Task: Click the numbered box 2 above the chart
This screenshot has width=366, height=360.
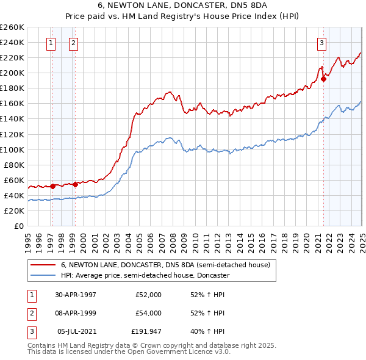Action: click(x=73, y=43)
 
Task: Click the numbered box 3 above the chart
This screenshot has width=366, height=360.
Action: click(x=321, y=43)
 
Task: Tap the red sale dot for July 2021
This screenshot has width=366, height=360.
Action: click(x=324, y=78)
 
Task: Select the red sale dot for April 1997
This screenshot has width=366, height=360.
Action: click(x=53, y=186)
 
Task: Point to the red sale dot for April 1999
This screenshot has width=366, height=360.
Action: click(x=75, y=184)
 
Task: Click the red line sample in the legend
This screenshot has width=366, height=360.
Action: click(x=42, y=265)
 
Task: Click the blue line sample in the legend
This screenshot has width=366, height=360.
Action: click(x=42, y=275)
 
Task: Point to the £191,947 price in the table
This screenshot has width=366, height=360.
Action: click(x=146, y=331)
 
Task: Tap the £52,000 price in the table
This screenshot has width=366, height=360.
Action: click(x=148, y=295)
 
